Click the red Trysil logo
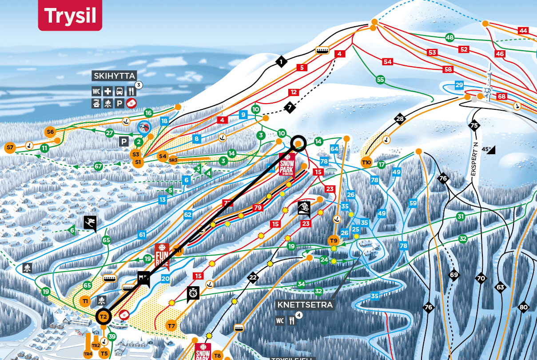point(70,16)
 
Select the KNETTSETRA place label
point(304,305)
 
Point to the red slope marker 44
point(523,31)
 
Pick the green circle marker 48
point(450,37)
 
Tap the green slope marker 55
point(380,80)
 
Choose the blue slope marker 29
point(459,85)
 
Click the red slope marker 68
point(502,96)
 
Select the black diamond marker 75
point(474,125)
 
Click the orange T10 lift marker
point(366,162)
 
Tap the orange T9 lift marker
point(334,240)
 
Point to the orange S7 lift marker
point(10,147)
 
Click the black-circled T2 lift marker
point(103,316)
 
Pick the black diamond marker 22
point(253,278)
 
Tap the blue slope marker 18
point(164,121)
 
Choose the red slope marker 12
point(293,92)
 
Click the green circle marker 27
point(110,132)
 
